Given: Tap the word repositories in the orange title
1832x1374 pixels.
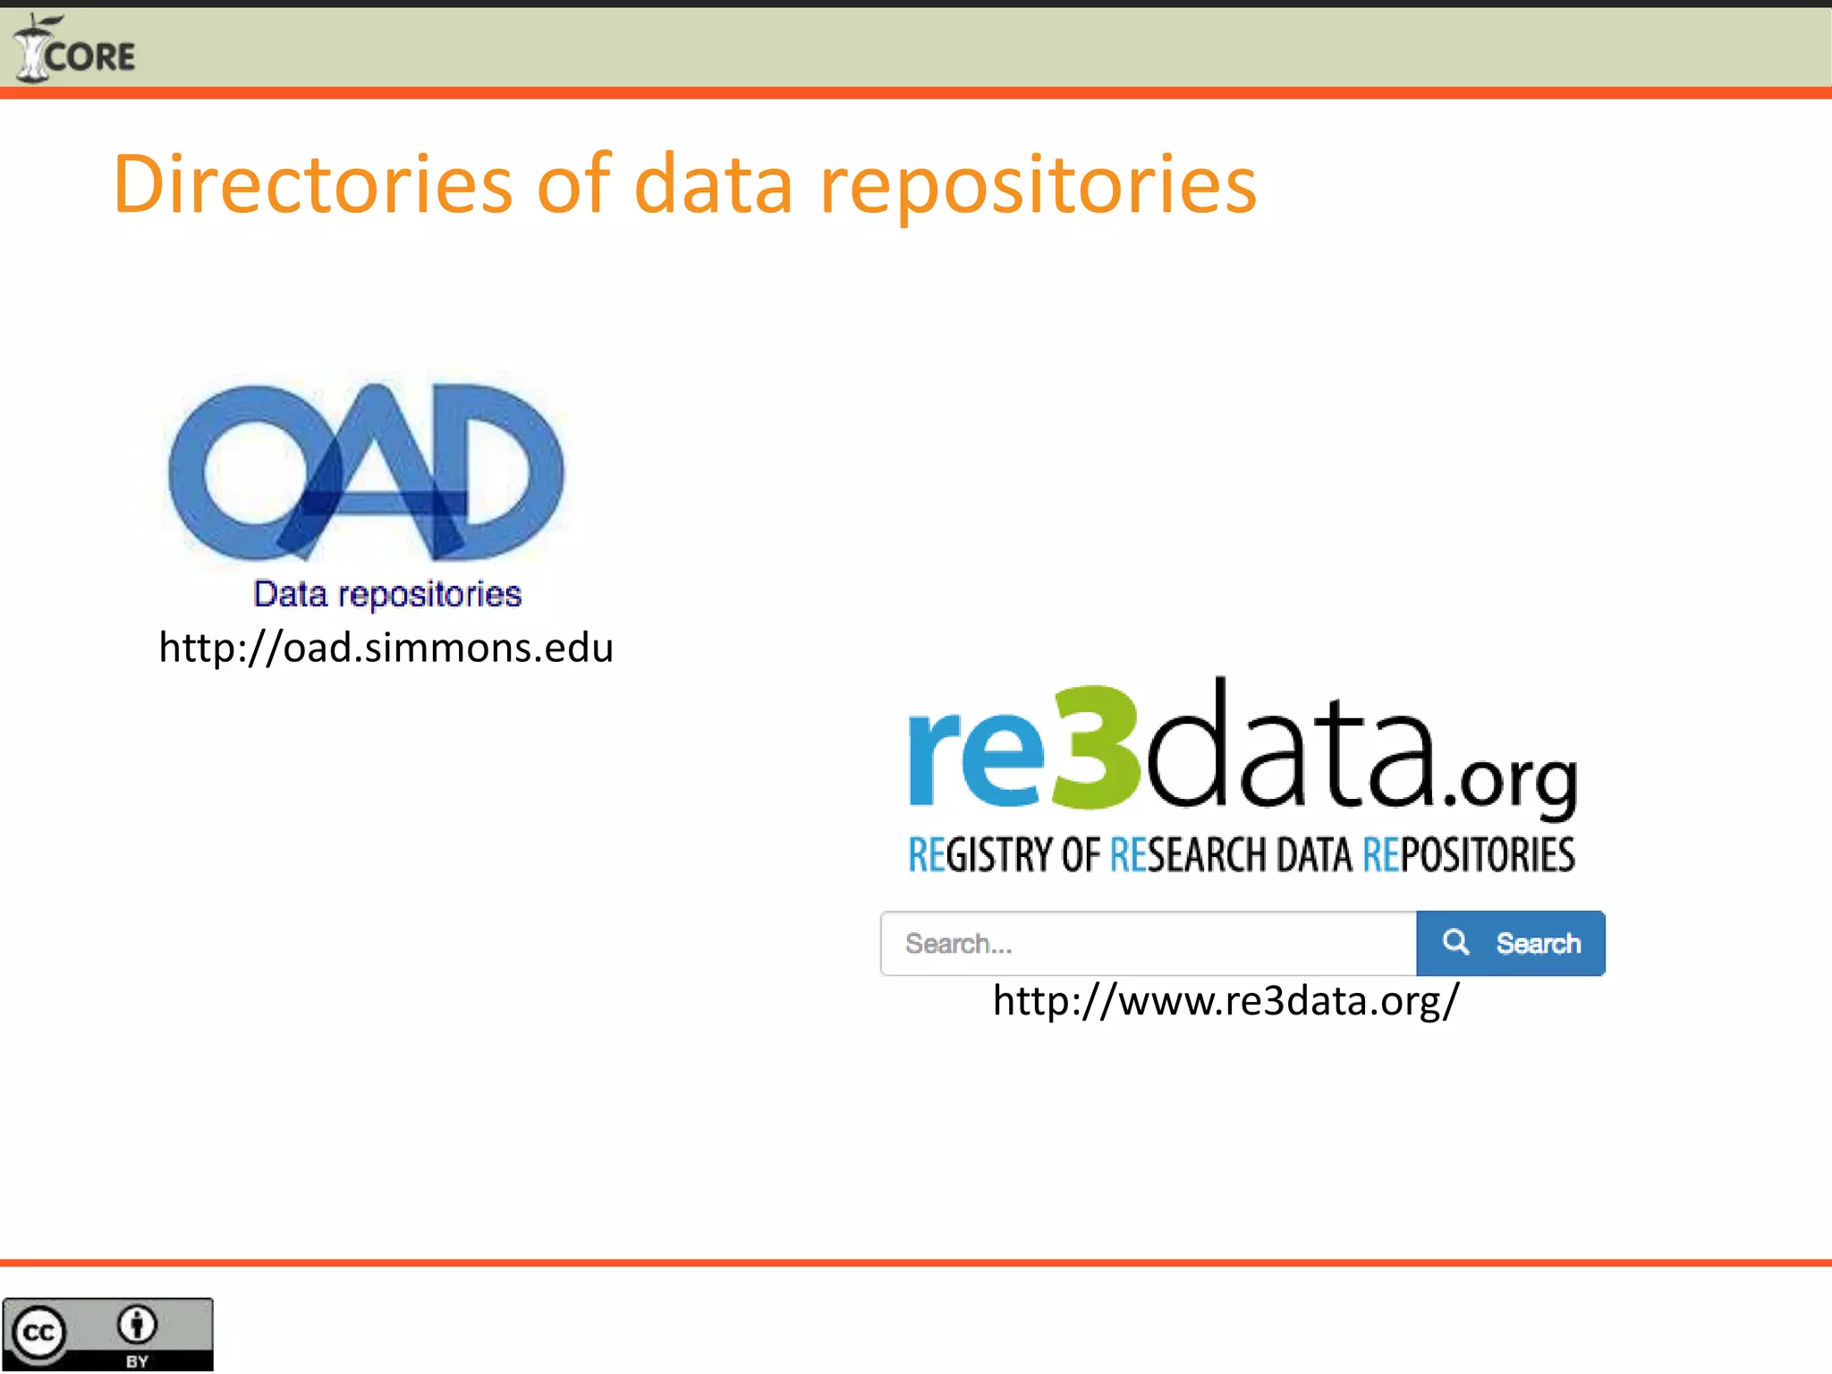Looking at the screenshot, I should tap(1038, 186).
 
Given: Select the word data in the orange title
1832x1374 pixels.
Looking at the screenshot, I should tap(713, 184).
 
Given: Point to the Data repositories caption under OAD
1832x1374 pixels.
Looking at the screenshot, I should tap(387, 594).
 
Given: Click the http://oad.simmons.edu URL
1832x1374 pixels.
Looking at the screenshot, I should tap(386, 647).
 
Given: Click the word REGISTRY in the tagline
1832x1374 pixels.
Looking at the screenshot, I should tap(983, 854).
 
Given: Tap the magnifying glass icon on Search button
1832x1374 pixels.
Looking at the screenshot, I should tap(1455, 942).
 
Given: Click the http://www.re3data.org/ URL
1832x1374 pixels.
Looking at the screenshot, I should tap(1226, 1000).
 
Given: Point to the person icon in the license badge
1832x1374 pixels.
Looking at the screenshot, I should tap(137, 1325).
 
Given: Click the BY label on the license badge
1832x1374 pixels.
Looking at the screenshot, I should tap(137, 1361).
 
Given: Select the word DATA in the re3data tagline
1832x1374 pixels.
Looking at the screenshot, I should tap(1314, 854).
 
